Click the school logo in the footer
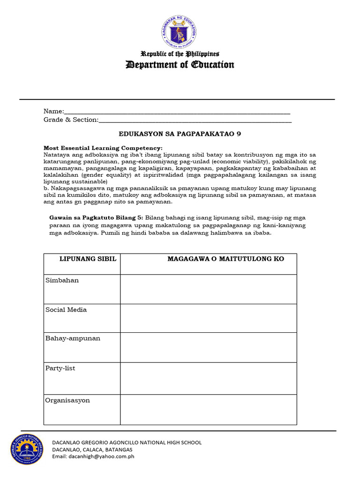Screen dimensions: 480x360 (x=27, y=449)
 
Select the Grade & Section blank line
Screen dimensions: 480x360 (x=195, y=120)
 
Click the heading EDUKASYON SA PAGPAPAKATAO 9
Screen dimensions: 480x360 (x=180, y=134)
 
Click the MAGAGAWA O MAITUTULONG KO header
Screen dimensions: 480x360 (x=226, y=259)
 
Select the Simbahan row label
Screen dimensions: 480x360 (x=62, y=280)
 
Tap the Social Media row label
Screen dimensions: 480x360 (x=66, y=310)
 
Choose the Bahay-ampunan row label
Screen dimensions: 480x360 (x=73, y=338)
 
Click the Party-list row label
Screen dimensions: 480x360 (x=60, y=368)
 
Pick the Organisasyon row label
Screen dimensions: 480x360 (x=67, y=400)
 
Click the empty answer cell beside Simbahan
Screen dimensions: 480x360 (x=208, y=289)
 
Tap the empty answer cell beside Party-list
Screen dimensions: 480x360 (x=208, y=378)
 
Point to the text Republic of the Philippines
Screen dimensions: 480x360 (x=180, y=54)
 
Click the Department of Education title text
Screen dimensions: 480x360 (x=180, y=65)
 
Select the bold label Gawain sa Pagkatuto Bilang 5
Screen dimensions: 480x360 (x=97, y=217)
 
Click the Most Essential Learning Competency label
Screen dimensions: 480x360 (x=103, y=148)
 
